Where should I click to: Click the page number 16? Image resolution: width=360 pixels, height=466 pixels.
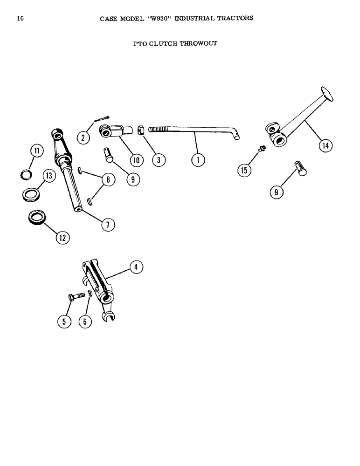coord(20,18)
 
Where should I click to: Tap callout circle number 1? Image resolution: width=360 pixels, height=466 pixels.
coord(198,160)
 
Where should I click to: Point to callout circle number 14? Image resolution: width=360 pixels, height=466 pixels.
coord(323,146)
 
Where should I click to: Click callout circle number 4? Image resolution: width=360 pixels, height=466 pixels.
coord(136,267)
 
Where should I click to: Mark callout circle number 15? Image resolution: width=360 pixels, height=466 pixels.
coord(243,171)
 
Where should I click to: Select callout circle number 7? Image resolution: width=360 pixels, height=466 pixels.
coord(108,224)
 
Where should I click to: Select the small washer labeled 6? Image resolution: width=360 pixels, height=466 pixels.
coord(90,293)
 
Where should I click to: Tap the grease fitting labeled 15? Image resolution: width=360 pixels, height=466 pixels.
coord(262,149)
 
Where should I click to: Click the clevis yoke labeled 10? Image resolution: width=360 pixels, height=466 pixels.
coord(113,130)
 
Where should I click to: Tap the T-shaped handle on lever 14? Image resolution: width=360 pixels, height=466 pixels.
coord(326,94)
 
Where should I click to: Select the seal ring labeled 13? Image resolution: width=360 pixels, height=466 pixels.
coord(31,193)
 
